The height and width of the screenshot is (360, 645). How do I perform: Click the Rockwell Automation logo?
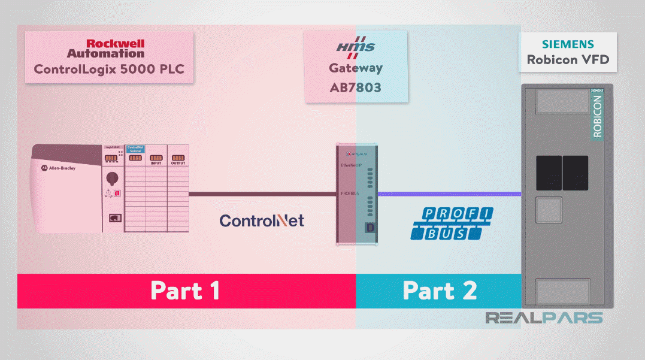tap(114, 49)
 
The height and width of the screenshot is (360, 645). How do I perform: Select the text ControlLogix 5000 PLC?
tap(109, 69)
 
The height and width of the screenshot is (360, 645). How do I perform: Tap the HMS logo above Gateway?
tap(355, 46)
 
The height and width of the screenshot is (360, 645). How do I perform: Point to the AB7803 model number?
tap(355, 87)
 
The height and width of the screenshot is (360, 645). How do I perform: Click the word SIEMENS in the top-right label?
tap(568, 44)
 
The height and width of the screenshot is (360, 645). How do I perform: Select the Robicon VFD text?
tap(568, 60)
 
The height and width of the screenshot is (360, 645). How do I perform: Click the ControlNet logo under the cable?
tap(262, 220)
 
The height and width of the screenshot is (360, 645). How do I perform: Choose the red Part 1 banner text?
tap(185, 291)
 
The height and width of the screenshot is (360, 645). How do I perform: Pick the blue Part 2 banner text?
tap(440, 291)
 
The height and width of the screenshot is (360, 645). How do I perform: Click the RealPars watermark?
tap(543, 317)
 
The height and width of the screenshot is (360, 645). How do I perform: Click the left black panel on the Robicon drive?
tap(548, 173)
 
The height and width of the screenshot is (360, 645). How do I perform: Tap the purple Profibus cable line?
tap(449, 193)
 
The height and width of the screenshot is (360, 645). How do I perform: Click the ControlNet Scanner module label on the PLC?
tap(135, 149)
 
